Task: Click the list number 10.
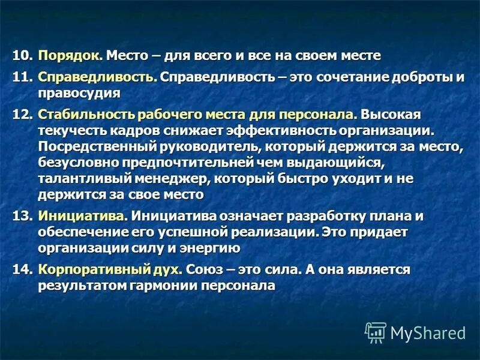[22, 56]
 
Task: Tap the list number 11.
[22, 78]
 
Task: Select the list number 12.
[22, 114]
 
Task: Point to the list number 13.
[22, 215]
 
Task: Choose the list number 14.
[22, 269]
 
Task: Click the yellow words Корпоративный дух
[110, 269]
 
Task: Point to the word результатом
[82, 286]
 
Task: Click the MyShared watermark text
[428, 332]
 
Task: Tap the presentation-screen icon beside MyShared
[376, 332]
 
